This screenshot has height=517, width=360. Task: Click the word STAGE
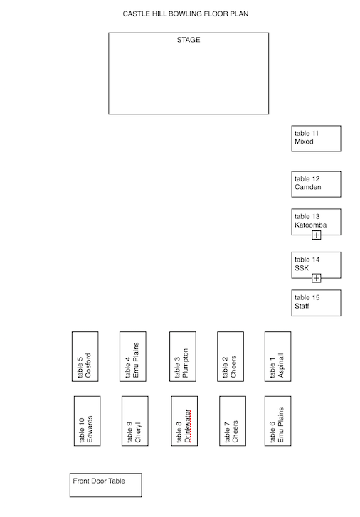(x=189, y=40)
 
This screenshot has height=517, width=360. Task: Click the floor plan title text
(x=186, y=14)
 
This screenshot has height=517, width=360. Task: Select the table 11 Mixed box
(x=316, y=139)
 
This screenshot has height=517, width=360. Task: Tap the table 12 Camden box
(x=316, y=184)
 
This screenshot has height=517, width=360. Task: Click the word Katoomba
(x=310, y=225)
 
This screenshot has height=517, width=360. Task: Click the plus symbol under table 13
(x=316, y=235)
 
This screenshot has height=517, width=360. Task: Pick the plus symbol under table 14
(x=316, y=278)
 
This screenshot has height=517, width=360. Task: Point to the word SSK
(x=302, y=268)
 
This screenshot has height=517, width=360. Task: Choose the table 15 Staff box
(x=316, y=303)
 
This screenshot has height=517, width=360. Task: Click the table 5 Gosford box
(x=85, y=357)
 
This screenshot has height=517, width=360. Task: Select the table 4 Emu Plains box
(x=133, y=357)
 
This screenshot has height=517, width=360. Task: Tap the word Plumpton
(x=185, y=363)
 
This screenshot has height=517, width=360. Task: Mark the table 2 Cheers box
(x=231, y=357)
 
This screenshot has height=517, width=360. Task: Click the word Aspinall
(x=280, y=366)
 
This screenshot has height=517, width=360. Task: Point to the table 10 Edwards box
(x=87, y=421)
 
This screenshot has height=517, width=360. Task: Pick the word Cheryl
(x=137, y=432)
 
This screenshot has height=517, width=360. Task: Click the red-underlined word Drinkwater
(x=187, y=426)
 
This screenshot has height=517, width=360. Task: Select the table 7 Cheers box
(x=233, y=421)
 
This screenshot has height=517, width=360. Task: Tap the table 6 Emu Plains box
(x=278, y=421)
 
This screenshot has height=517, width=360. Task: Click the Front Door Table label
(x=99, y=481)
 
